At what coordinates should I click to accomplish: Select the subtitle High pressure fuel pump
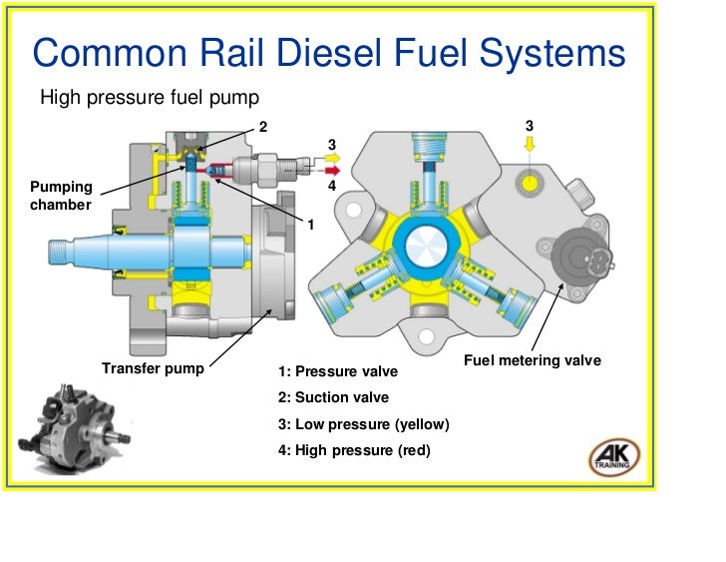click(149, 98)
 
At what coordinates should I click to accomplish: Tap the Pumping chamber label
click(61, 196)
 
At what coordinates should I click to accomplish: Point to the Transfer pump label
click(153, 368)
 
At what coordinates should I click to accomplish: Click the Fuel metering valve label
click(533, 360)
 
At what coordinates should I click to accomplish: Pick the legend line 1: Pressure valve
click(338, 371)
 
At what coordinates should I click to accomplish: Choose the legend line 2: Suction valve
click(333, 397)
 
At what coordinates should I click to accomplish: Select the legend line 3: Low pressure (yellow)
click(364, 424)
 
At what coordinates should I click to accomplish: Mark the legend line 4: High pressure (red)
click(354, 450)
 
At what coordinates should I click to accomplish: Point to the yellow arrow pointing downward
click(530, 145)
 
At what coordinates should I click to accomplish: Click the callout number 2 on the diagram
click(263, 127)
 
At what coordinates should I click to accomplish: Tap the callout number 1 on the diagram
click(310, 225)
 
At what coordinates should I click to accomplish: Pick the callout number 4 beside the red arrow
click(331, 187)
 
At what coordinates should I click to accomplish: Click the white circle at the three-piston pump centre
click(425, 244)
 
